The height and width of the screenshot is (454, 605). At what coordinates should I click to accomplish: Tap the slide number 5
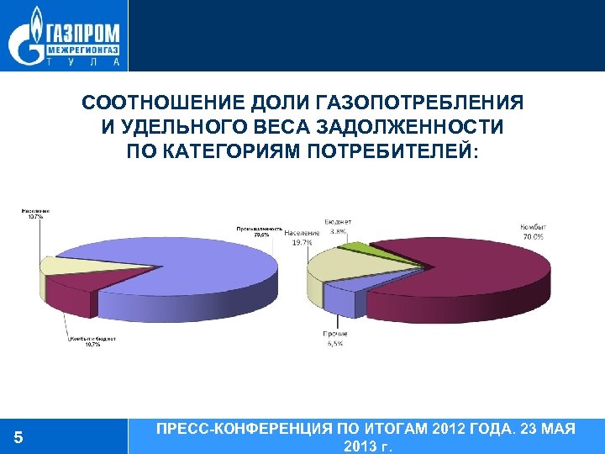click(x=18, y=437)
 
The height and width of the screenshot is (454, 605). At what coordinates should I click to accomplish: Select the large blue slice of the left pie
click(x=202, y=269)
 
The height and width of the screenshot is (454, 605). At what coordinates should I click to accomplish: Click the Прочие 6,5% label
click(x=334, y=340)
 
